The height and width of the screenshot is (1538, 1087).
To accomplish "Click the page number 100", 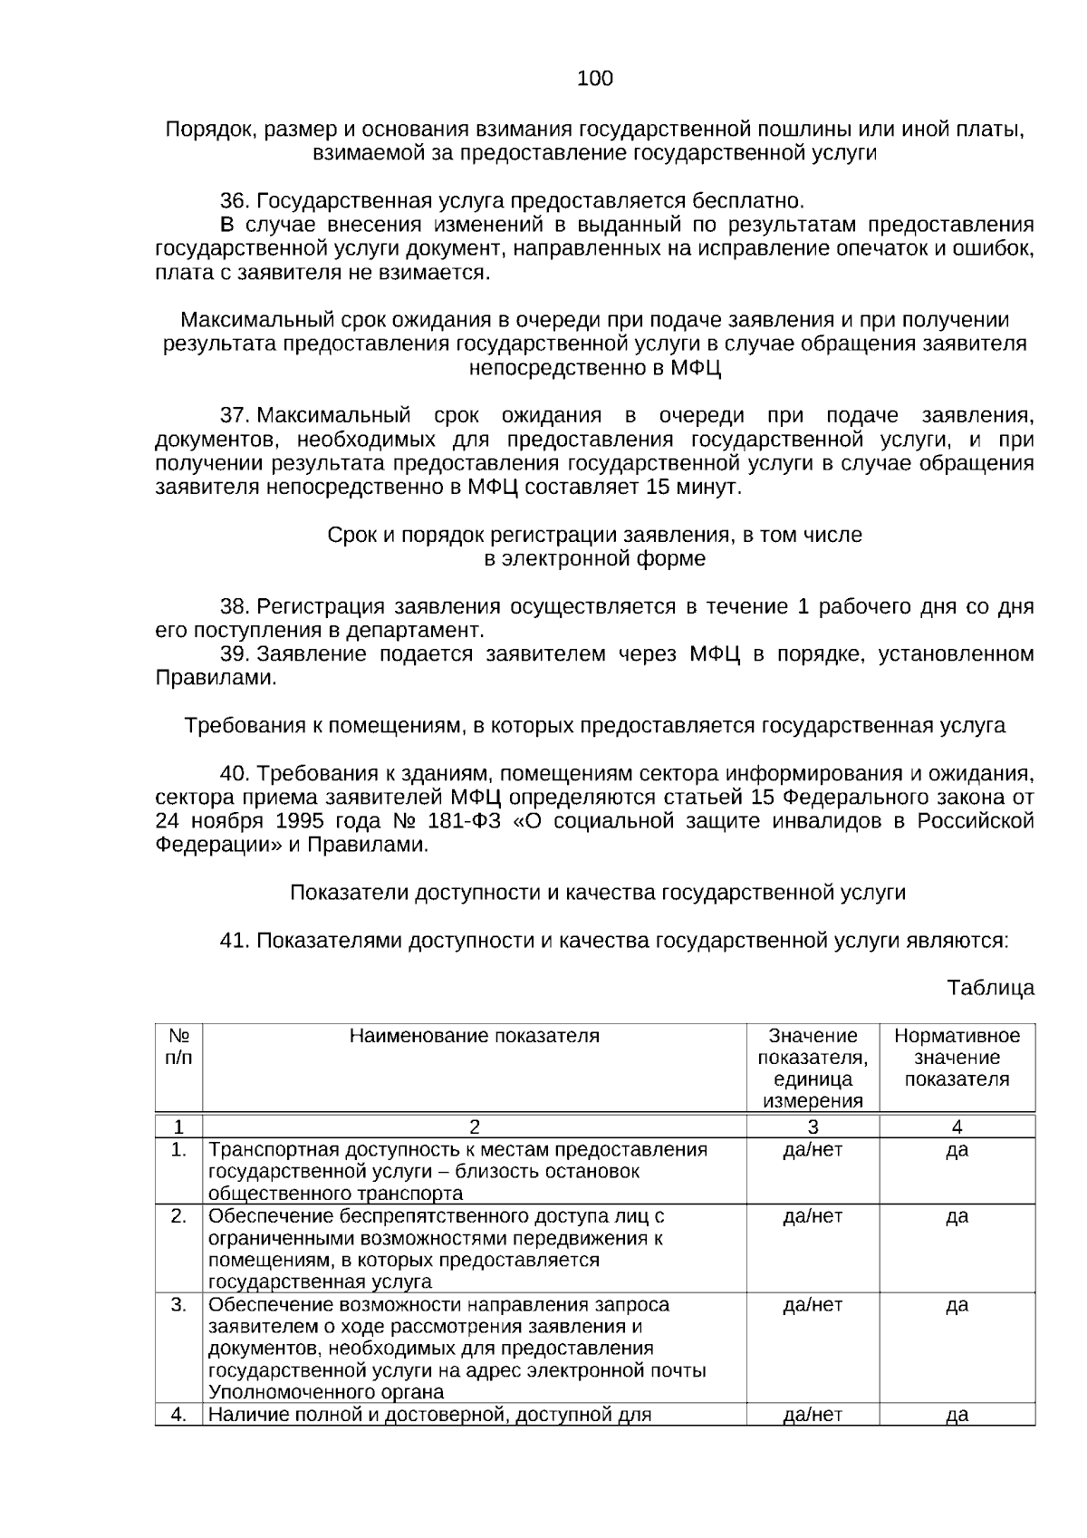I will (x=594, y=79).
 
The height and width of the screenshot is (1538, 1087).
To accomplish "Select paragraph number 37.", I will (x=234, y=416).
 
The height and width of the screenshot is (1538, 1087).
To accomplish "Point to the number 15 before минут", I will (x=658, y=488).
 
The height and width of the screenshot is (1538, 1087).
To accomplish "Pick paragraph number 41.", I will (x=234, y=941).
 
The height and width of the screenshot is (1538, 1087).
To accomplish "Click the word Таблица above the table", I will (x=990, y=988).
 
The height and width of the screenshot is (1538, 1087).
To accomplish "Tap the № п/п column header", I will (x=178, y=1046).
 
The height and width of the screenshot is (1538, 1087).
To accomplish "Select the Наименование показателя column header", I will (x=474, y=1036).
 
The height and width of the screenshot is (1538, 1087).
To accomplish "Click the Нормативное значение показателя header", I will (x=957, y=1057).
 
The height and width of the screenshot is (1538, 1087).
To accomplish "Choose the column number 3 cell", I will (x=813, y=1127).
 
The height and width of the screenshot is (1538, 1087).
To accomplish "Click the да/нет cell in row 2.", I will (x=813, y=1216).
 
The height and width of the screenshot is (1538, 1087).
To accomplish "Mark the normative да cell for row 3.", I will (x=957, y=1305).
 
